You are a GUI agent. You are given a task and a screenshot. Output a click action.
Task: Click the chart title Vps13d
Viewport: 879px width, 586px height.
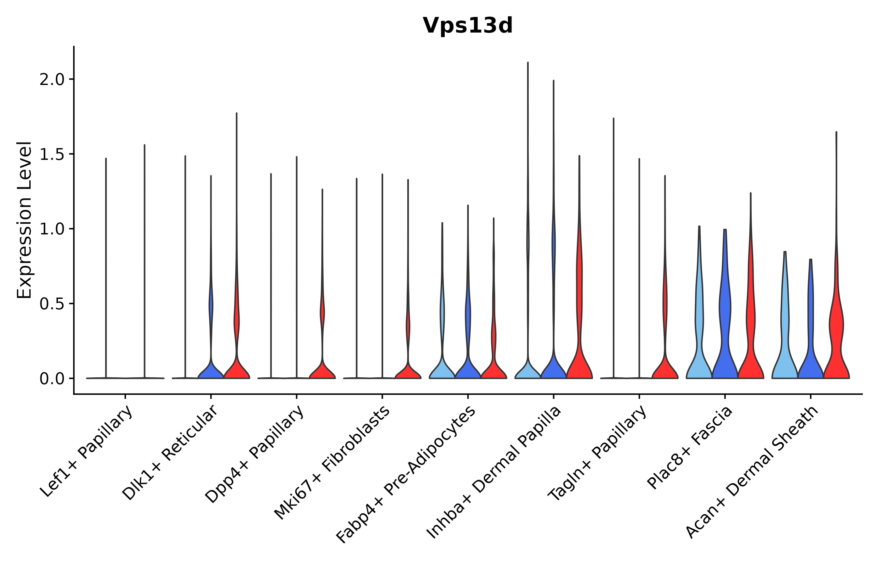pos(467,26)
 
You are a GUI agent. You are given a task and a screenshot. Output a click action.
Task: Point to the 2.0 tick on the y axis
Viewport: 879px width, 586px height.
pos(52,80)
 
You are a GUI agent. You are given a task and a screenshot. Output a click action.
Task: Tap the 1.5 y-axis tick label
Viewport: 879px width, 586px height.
pos(52,154)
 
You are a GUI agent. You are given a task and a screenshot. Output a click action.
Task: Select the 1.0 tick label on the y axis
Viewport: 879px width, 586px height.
pos(52,229)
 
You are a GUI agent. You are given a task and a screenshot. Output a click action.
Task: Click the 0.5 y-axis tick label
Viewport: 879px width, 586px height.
pos(52,304)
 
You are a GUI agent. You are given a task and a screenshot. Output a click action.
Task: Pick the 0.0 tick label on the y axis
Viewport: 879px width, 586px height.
pos(52,379)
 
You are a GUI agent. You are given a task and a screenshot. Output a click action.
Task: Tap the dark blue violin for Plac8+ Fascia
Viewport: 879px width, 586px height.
pos(725,355)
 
